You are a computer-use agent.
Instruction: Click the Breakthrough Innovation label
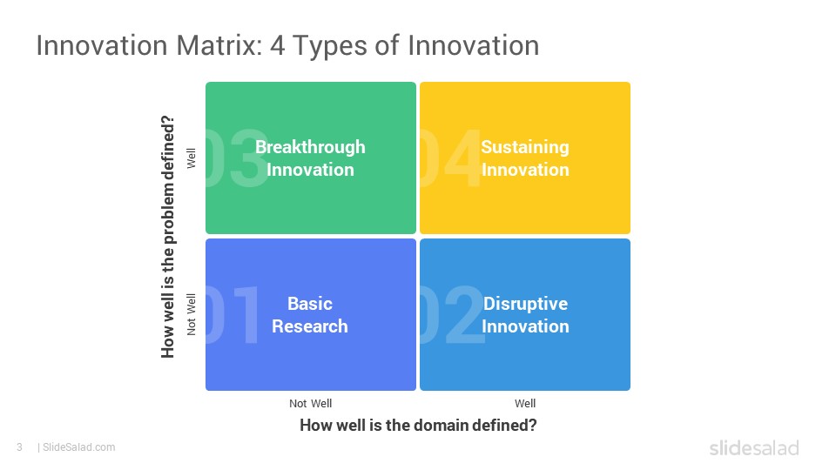point(310,158)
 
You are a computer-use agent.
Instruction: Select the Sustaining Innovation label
point(525,158)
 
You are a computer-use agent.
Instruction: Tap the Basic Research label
point(310,315)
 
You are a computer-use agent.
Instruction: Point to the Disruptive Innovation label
point(525,315)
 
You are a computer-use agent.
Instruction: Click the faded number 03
point(237,158)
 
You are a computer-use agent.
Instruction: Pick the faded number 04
point(450,158)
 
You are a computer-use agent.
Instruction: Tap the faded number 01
point(233,315)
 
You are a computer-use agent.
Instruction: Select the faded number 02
point(452,315)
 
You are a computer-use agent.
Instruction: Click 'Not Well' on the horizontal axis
point(310,403)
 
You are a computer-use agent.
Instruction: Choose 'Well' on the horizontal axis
point(525,403)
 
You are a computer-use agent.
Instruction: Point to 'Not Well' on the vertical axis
point(191,314)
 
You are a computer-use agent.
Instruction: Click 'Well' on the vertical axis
point(191,158)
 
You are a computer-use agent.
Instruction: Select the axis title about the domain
point(418,426)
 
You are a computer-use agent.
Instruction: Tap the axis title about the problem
point(168,237)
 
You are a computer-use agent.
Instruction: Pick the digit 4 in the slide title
point(277,45)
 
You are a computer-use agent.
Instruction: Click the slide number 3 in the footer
point(20,447)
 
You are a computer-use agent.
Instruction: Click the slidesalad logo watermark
point(754,447)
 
